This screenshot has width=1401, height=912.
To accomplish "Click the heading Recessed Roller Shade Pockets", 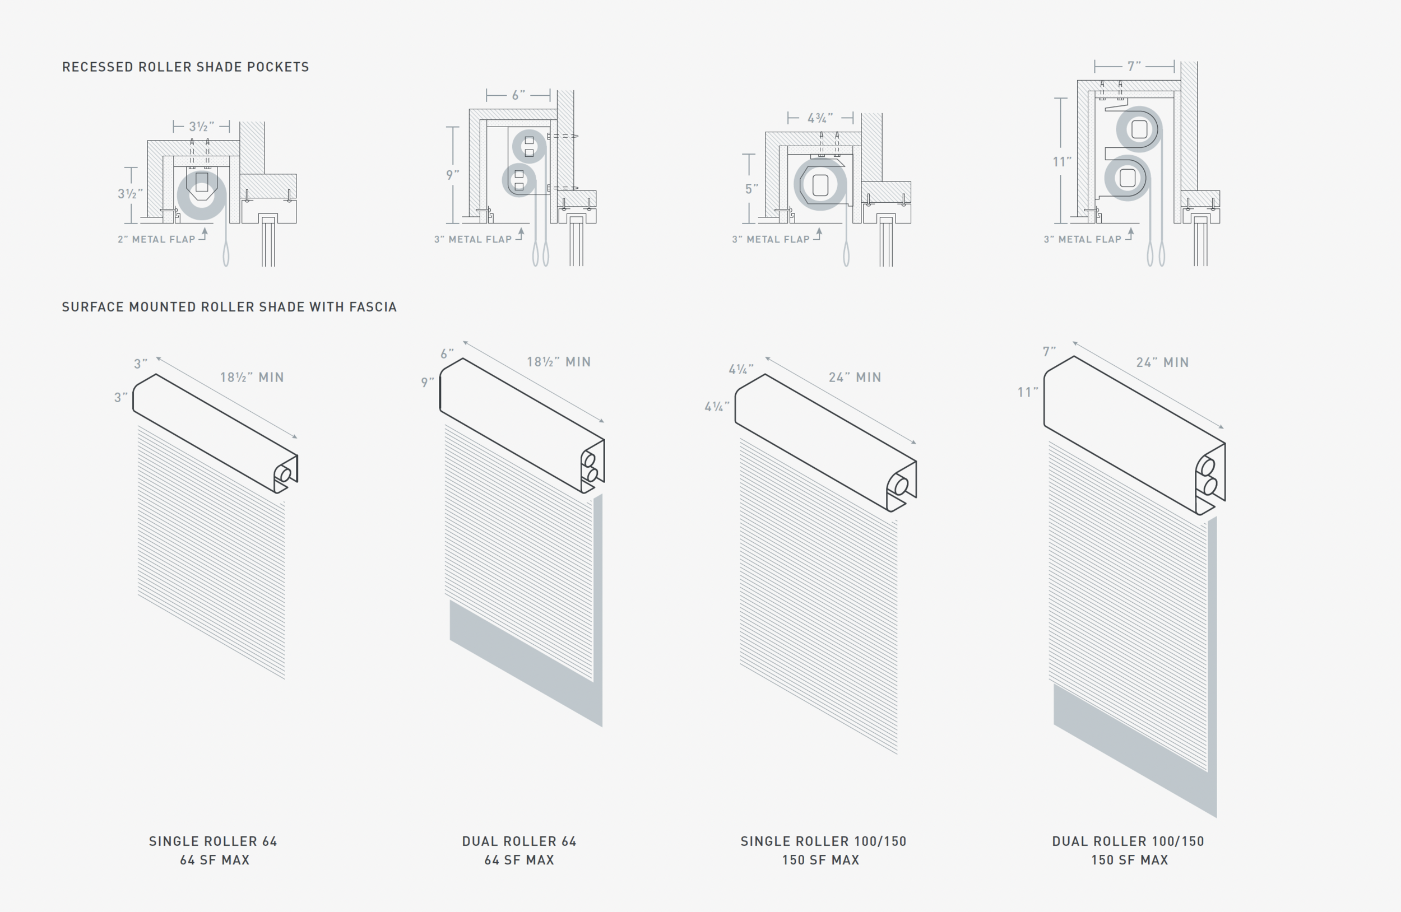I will click(185, 67).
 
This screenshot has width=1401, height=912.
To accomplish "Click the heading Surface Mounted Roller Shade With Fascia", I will click(229, 307).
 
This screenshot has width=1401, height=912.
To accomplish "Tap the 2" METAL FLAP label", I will click(156, 239).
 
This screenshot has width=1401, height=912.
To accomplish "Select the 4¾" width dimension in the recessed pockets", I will click(820, 118).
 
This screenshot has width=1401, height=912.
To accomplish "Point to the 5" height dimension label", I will click(751, 189).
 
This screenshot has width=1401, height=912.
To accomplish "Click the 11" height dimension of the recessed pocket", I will click(1062, 162).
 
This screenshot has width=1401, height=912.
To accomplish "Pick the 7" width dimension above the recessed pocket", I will click(1134, 67).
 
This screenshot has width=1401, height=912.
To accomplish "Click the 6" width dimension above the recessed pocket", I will click(518, 95).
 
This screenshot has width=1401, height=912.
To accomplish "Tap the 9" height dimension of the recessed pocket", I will click(452, 175).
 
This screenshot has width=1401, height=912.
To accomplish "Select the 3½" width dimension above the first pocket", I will click(201, 127).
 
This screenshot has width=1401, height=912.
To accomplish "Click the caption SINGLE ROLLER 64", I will click(213, 841).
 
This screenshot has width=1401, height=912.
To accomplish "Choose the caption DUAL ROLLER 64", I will click(519, 841).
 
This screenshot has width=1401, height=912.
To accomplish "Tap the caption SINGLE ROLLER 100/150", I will click(823, 841).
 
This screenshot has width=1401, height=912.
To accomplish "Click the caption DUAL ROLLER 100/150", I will click(1128, 841).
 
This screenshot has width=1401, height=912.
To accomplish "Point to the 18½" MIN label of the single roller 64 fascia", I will click(252, 378).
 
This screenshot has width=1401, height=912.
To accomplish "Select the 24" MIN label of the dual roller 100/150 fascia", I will click(1162, 362).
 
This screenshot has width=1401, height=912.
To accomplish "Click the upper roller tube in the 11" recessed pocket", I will click(1139, 129).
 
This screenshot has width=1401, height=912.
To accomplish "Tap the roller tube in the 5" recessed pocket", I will click(820, 185).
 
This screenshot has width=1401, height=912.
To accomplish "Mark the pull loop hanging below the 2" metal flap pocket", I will click(226, 256).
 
